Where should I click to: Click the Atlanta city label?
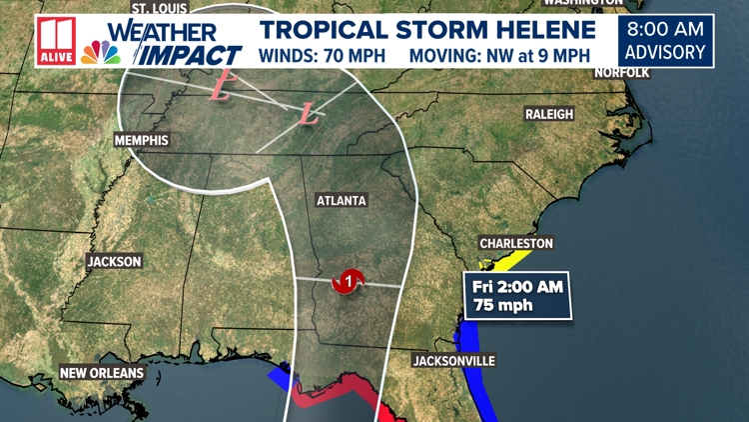(x=342, y=201)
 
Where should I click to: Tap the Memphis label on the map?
(x=141, y=140)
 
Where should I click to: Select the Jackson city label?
(x=114, y=262)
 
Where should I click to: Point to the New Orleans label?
(x=102, y=373)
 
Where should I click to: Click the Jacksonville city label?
(x=454, y=361)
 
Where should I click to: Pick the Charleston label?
(x=515, y=243)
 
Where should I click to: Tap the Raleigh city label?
(x=549, y=115)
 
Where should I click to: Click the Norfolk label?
(x=621, y=73)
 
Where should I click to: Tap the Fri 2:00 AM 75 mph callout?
(x=519, y=297)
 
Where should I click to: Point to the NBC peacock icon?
(x=101, y=52)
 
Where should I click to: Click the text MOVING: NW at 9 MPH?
(x=503, y=53)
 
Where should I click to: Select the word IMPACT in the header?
(x=190, y=54)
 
